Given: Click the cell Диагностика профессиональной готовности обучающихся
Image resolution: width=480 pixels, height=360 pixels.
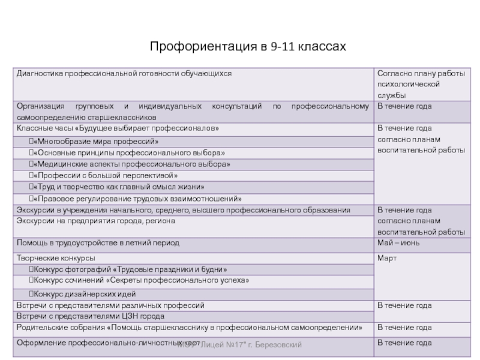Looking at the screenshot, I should (x=124, y=73).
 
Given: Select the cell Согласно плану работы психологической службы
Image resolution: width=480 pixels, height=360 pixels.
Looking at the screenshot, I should (x=420, y=84).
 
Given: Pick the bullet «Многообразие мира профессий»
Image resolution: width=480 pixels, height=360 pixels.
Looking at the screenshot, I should (x=96, y=142).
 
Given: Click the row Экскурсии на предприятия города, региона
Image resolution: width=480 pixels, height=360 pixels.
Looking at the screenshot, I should (x=96, y=221).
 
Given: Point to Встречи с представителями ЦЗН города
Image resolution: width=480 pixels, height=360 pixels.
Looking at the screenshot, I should (x=90, y=316).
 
